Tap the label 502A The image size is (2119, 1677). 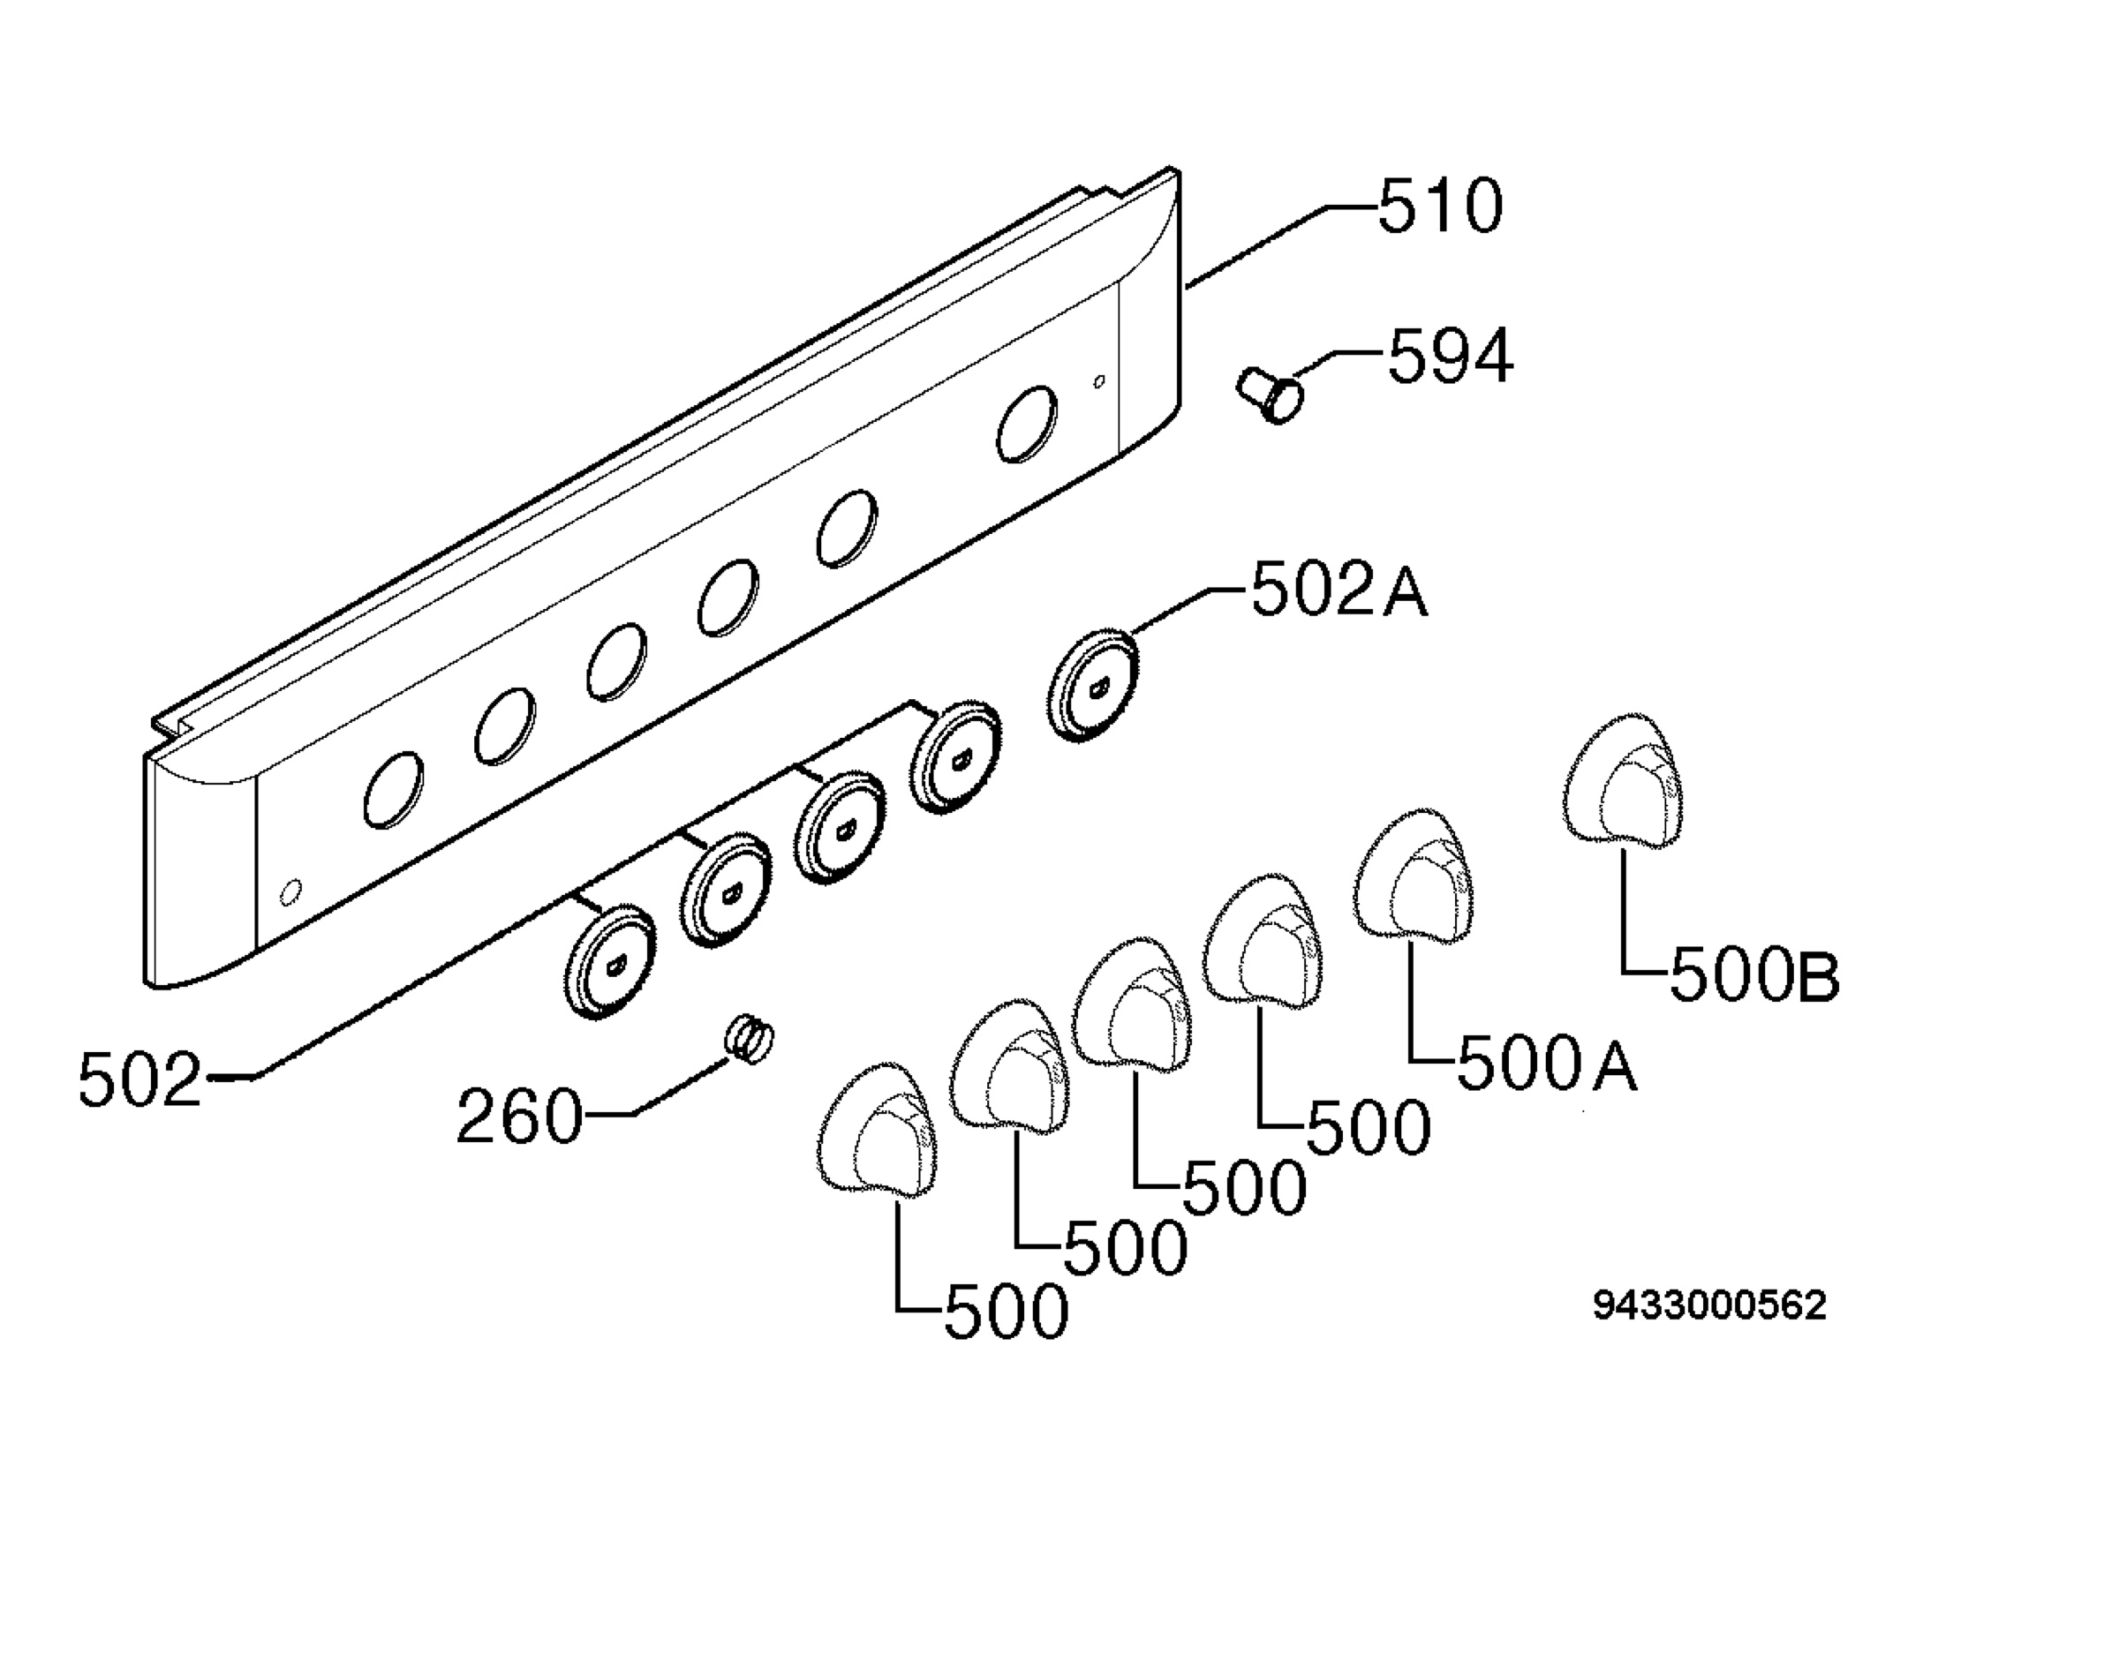coord(1339,591)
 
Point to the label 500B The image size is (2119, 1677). coord(1754,976)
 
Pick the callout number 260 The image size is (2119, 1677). coord(519,1117)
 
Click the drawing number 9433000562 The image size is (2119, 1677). coord(1709,1305)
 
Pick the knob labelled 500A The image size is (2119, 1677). coord(1414,876)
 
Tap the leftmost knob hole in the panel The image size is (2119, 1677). coord(394,789)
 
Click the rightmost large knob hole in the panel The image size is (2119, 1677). coord(1027,423)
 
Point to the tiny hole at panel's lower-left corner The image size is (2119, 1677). coord(290,892)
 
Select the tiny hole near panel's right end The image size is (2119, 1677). coord(1100,381)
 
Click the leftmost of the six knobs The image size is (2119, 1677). coord(877,1129)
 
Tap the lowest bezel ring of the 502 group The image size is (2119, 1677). coord(610,961)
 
